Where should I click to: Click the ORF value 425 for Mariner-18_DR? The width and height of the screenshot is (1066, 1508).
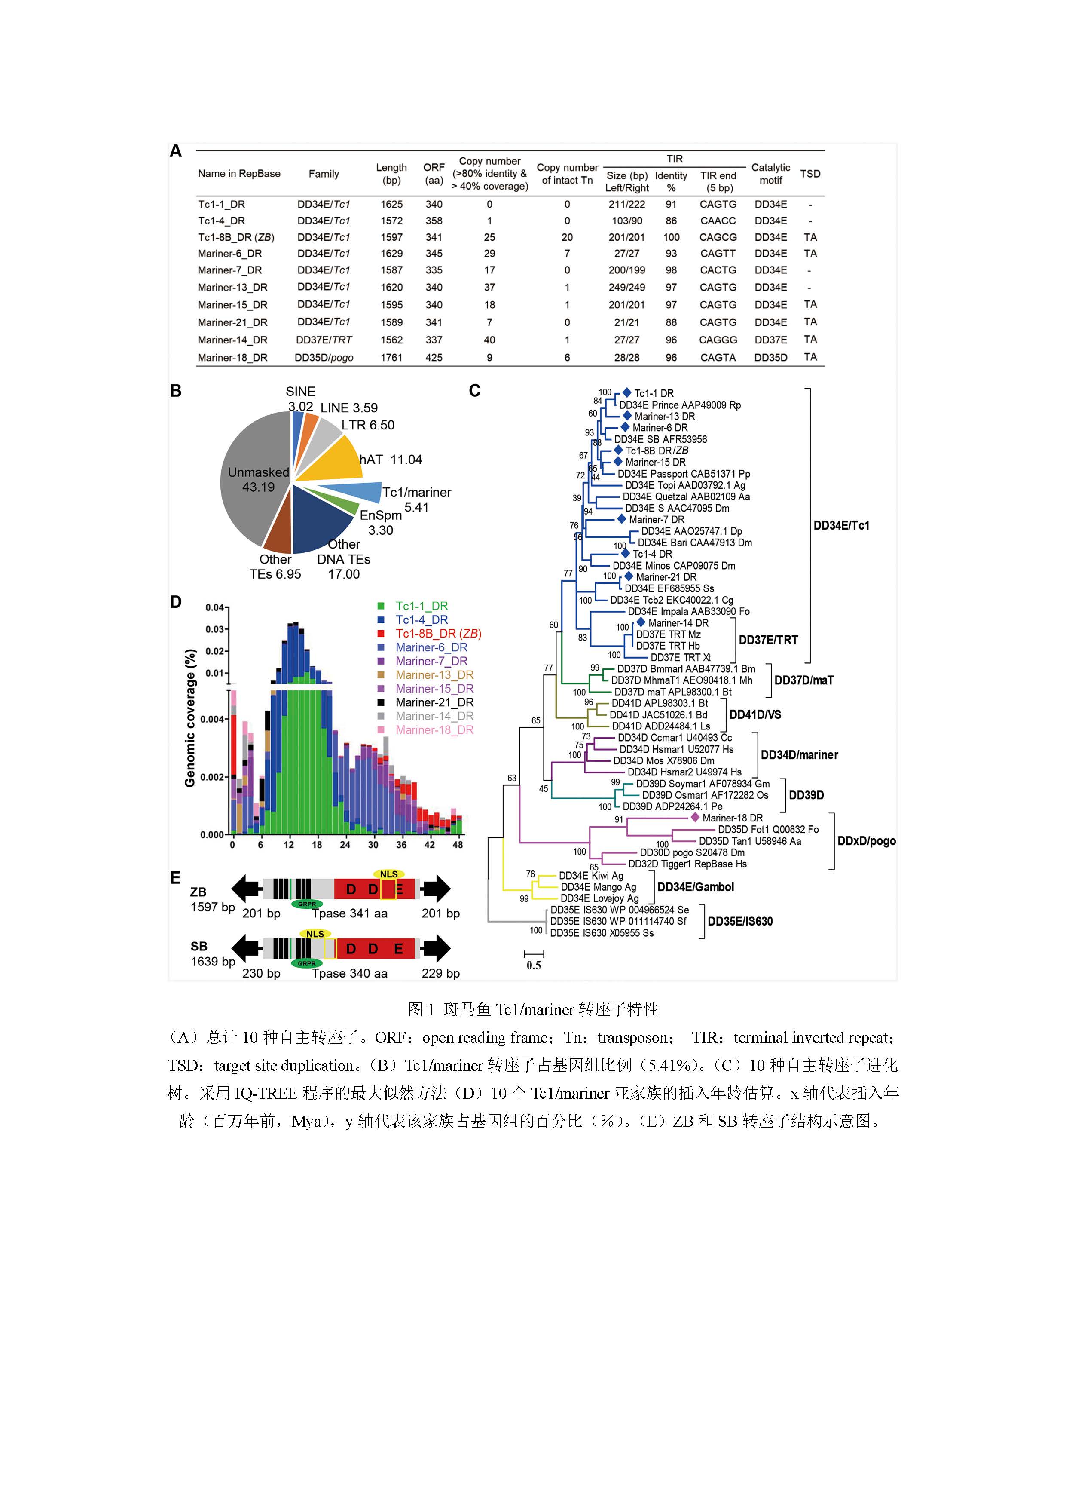click(434, 357)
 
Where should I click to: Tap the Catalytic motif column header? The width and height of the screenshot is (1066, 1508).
click(771, 173)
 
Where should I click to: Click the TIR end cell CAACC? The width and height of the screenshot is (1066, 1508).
click(718, 221)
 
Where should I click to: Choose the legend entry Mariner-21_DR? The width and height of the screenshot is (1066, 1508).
click(434, 702)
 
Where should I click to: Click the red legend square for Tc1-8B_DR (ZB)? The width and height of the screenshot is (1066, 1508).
click(381, 634)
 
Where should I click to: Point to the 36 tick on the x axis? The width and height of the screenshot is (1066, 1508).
click(401, 845)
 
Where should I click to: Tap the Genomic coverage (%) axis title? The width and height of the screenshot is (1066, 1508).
click(190, 718)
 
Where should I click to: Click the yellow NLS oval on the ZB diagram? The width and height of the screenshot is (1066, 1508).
click(388, 874)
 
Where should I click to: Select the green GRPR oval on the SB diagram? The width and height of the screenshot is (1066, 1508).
click(306, 963)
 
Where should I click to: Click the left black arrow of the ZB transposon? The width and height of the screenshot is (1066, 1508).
click(247, 889)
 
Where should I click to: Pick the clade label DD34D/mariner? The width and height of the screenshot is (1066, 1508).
click(799, 755)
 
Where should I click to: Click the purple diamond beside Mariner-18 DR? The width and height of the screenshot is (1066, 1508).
click(694, 818)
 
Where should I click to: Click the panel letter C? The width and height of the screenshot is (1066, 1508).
click(475, 391)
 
